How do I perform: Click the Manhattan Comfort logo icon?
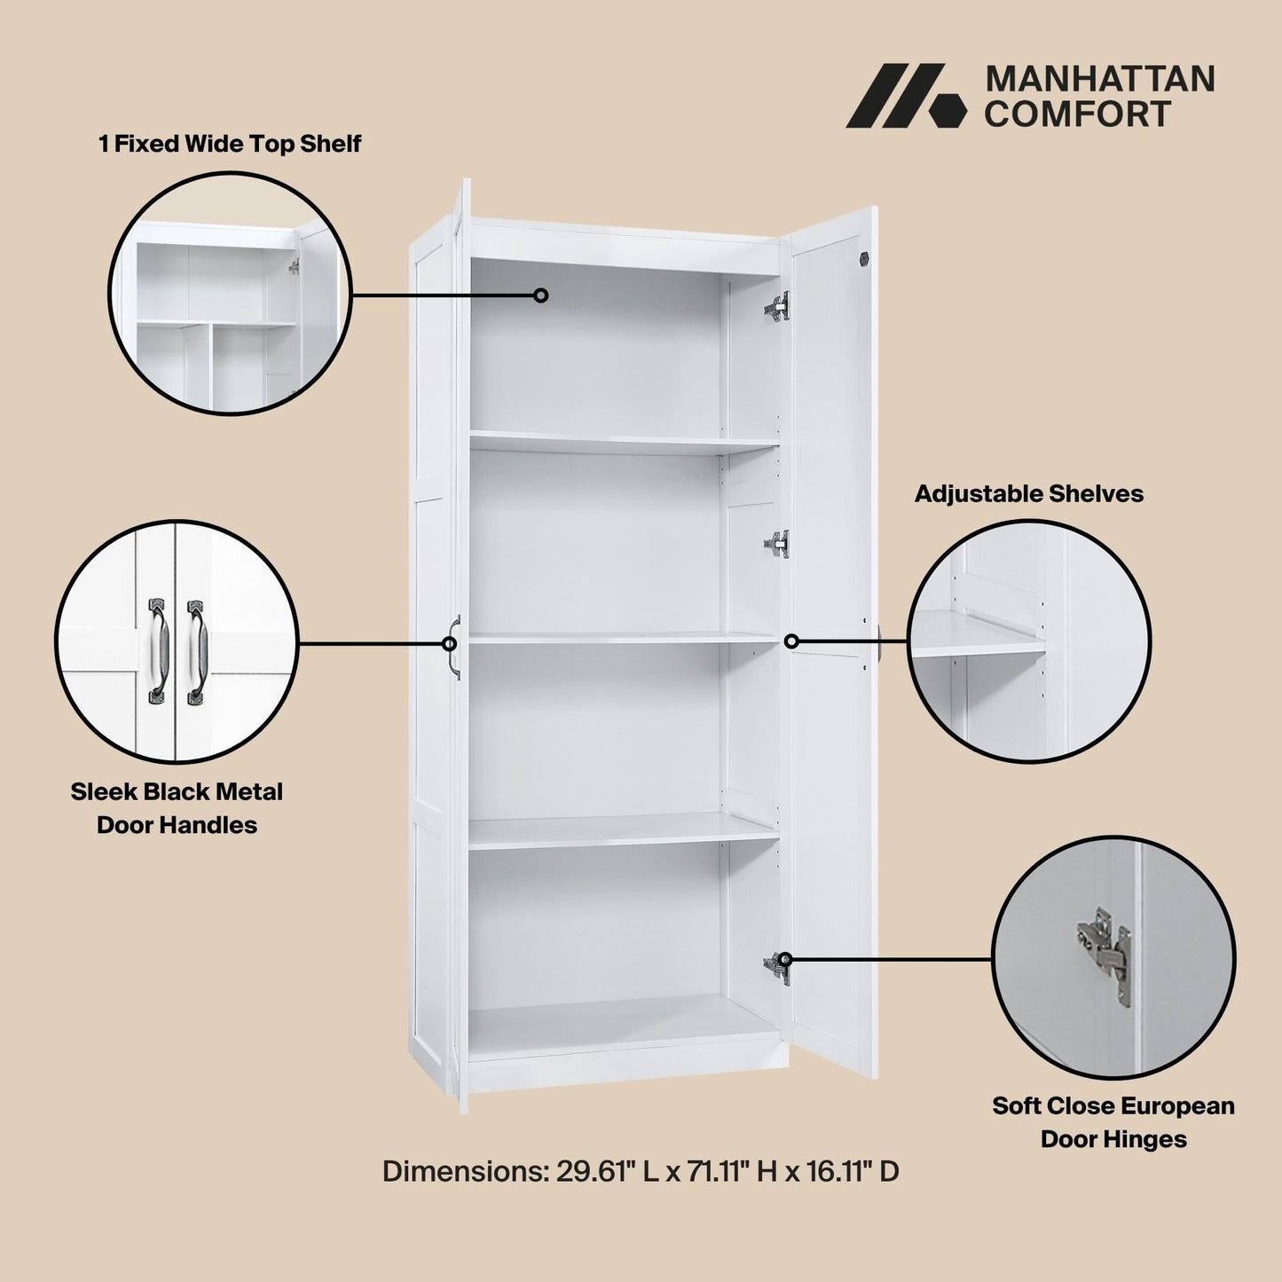pyautogui.click(x=905, y=96)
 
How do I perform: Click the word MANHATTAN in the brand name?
pyautogui.click(x=1100, y=79)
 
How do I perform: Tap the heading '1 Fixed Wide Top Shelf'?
pyautogui.click(x=230, y=144)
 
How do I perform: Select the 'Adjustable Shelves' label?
pyautogui.click(x=1029, y=494)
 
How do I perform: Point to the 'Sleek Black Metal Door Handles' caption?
pyautogui.click(x=177, y=808)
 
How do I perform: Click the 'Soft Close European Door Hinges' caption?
pyautogui.click(x=1113, y=1122)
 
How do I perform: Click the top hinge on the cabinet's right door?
pyautogui.click(x=777, y=307)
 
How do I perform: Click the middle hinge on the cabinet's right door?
pyautogui.click(x=777, y=544)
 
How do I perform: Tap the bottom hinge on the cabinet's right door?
pyautogui.click(x=777, y=967)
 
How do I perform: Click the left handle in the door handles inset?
pyautogui.click(x=156, y=651)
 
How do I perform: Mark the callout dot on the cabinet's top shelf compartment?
pyautogui.click(x=540, y=295)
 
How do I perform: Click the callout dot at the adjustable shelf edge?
pyautogui.click(x=791, y=641)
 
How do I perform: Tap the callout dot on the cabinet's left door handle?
pyautogui.click(x=450, y=644)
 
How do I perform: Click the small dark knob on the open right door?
pyautogui.click(x=864, y=258)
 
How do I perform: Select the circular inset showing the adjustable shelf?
pyautogui.click(x=1028, y=641)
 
